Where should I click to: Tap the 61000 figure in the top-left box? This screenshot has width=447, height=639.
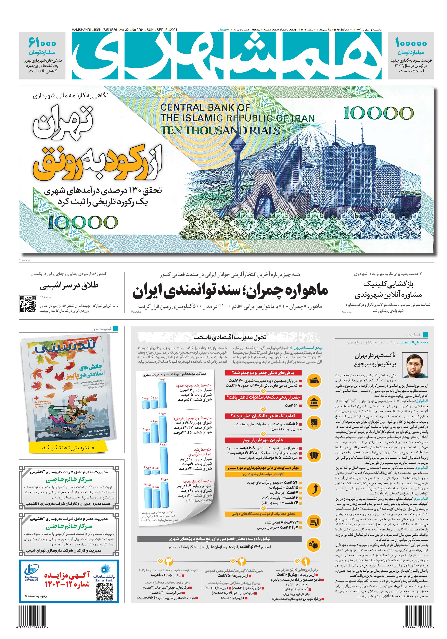(42, 44)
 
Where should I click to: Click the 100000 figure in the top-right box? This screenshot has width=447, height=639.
(411, 44)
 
